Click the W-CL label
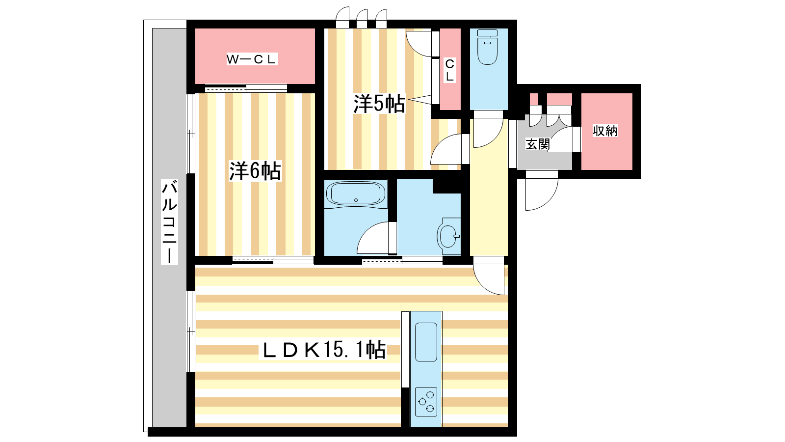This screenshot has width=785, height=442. pyautogui.click(x=252, y=59)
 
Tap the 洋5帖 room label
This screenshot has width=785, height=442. pyautogui.click(x=379, y=104)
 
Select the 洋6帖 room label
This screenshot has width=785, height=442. pyautogui.click(x=255, y=171)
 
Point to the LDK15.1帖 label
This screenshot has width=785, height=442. pyautogui.click(x=322, y=350)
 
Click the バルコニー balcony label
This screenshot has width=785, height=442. pyautogui.click(x=169, y=221)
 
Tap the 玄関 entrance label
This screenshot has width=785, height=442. pyautogui.click(x=538, y=144)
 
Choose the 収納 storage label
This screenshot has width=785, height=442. pyautogui.click(x=605, y=131)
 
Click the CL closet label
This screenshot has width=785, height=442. pyautogui.click(x=449, y=70)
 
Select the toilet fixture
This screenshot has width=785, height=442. pyautogui.click(x=488, y=47)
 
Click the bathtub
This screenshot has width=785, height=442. pyautogui.click(x=356, y=193)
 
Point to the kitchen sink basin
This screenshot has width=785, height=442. pyautogui.click(x=426, y=342)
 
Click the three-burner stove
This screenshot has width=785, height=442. pyautogui.click(x=426, y=402)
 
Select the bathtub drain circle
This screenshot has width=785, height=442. pyautogui.click(x=356, y=200)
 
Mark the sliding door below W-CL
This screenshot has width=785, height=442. pyautogui.click(x=246, y=89)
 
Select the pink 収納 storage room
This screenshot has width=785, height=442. pyautogui.click(x=607, y=132)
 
